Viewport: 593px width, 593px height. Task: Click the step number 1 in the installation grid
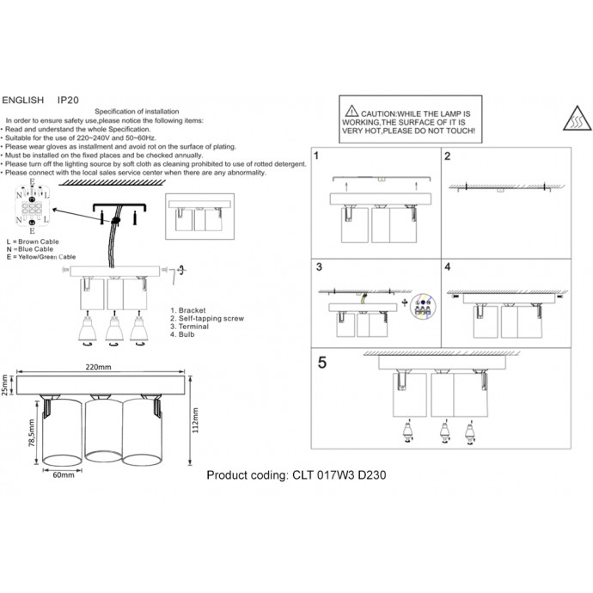pos(316,157)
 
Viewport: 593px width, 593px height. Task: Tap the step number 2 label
pos(447,157)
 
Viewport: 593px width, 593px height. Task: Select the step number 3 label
pos(317,267)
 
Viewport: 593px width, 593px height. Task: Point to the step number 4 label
pos(448,267)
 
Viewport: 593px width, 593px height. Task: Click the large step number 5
pos(321,362)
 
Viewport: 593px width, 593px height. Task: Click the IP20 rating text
pos(70,100)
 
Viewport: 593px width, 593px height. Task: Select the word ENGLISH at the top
pos(23,100)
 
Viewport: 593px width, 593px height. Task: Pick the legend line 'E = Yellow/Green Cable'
pos(40,257)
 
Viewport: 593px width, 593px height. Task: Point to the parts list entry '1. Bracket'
pos(190,309)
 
